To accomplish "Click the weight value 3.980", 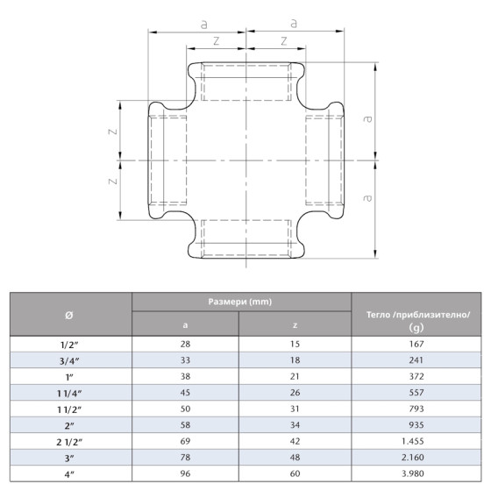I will coord(416,473).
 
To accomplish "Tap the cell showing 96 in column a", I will coord(185,473).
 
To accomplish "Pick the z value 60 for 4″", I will coord(295,473).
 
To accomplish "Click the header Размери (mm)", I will coord(240,302).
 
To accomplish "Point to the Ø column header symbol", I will coord(70,314).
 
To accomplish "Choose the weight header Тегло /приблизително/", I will coord(416,313).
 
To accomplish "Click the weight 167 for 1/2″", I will coord(416,346).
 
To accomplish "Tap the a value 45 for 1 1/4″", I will coord(185,394).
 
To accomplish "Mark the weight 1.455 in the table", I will coord(416,442).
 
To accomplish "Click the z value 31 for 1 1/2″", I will coord(295,409).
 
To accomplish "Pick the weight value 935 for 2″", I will coord(416,425).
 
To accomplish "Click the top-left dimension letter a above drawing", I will coord(203,25).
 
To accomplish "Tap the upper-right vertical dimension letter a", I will coord(368,117).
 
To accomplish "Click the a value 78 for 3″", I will coord(185,458).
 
